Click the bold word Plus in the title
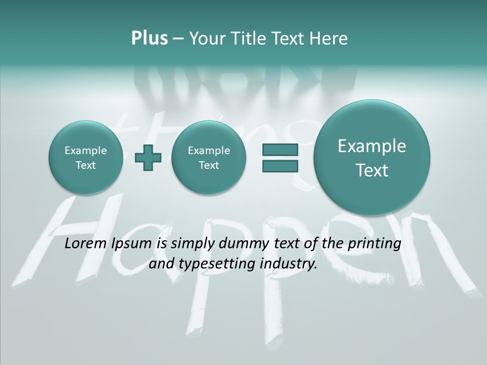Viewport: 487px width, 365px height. click(149, 39)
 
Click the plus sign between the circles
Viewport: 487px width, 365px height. click(148, 158)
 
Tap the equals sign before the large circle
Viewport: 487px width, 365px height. click(280, 158)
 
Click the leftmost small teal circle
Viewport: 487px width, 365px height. click(85, 158)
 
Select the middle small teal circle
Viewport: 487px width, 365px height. click(208, 158)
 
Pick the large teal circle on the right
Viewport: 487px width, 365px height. click(372, 158)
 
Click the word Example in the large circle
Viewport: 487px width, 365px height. click(372, 147)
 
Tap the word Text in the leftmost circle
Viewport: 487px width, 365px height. click(85, 165)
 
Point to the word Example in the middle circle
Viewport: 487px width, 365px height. click(208, 151)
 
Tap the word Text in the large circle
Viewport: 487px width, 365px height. click(372, 170)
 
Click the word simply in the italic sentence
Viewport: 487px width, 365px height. click(193, 244)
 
